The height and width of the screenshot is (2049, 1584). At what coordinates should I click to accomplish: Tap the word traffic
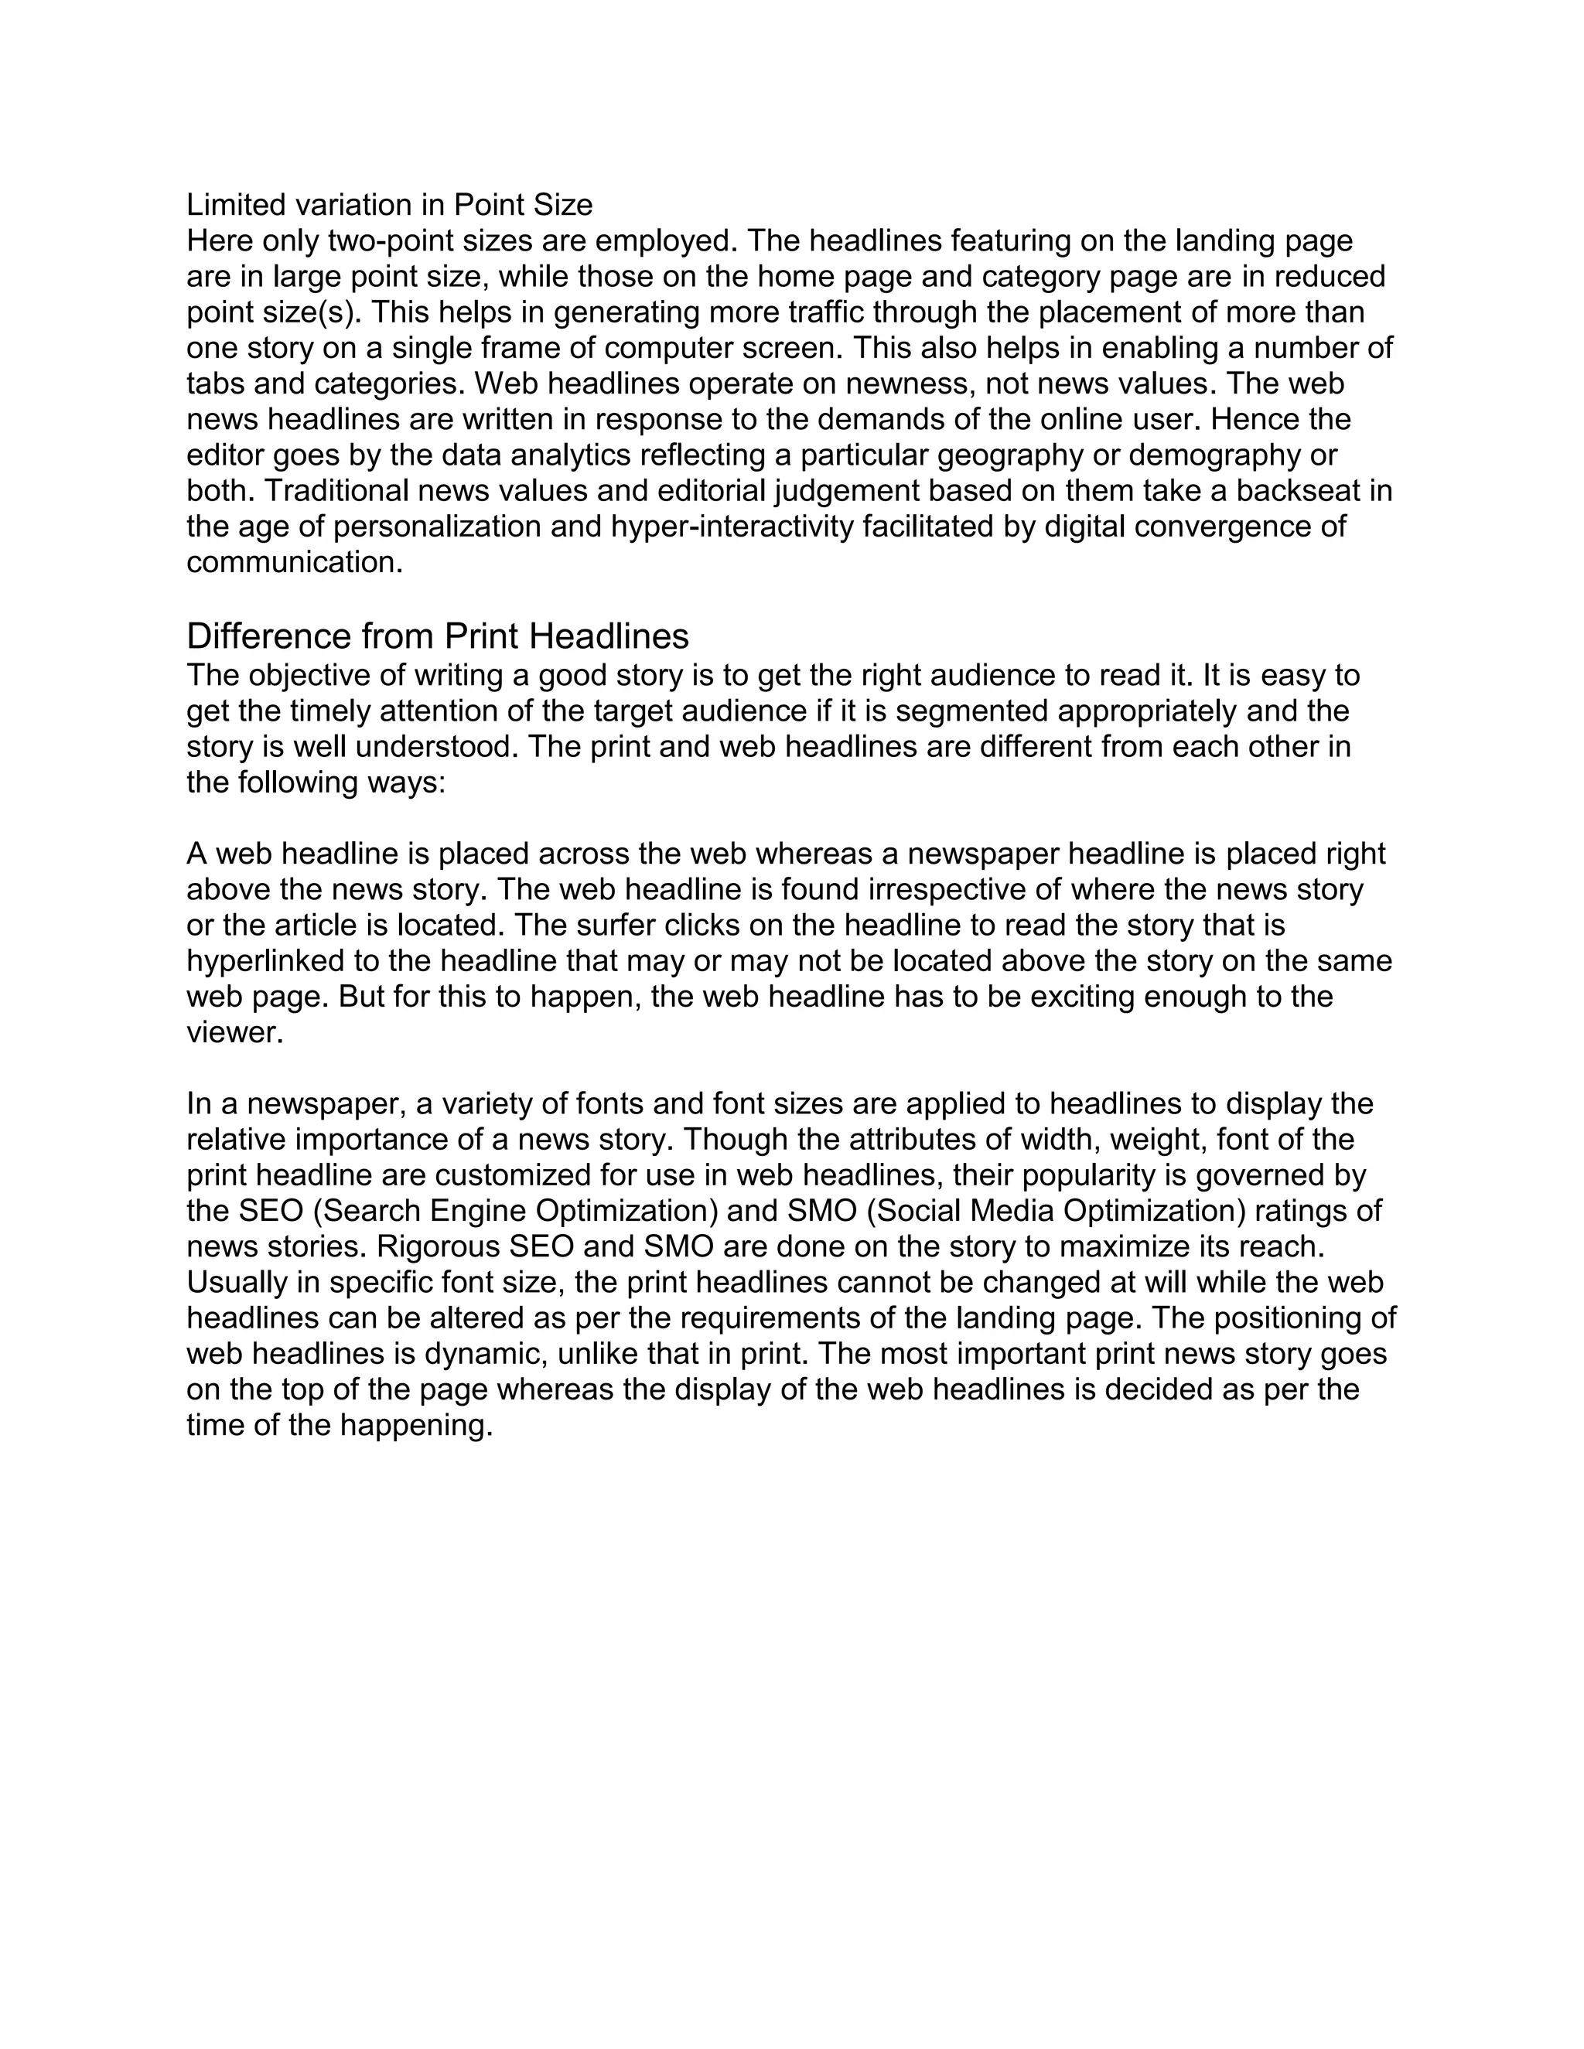(x=814, y=312)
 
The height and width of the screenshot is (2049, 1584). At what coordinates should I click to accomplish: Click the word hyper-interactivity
(x=732, y=527)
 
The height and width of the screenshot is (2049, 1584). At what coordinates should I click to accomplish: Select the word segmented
(x=972, y=711)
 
